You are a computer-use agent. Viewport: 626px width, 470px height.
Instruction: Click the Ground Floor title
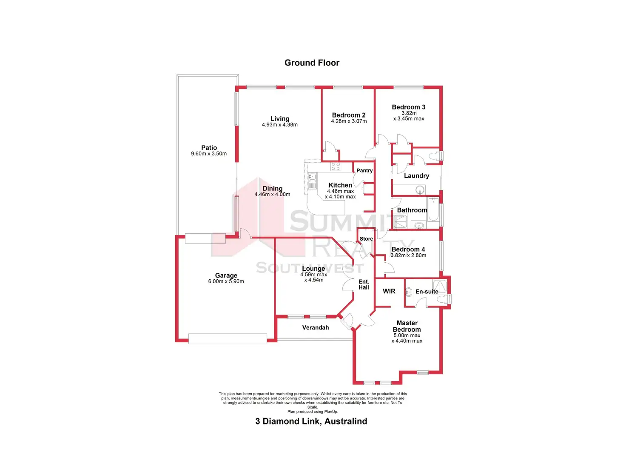tap(312, 63)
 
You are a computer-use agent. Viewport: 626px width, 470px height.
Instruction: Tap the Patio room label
tap(209, 148)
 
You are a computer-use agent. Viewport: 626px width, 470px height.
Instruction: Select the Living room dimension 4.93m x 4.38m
tap(279, 125)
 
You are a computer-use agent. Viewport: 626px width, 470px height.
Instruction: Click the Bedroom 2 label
tap(349, 115)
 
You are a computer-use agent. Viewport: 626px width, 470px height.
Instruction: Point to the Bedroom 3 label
tap(408, 107)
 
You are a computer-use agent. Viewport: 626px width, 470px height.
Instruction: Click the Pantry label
tap(364, 170)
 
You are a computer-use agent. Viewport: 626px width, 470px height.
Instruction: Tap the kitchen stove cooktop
tap(336, 166)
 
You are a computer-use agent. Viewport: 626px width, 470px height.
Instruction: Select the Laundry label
tap(416, 176)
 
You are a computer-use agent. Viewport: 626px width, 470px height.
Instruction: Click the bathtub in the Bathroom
tap(433, 209)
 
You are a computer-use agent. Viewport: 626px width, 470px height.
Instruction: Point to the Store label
tap(366, 239)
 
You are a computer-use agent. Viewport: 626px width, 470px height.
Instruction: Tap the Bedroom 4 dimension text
tap(408, 255)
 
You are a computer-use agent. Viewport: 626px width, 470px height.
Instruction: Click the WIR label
tap(389, 291)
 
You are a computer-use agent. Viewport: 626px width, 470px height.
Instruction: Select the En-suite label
tap(427, 292)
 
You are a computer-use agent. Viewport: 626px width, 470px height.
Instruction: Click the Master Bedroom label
tap(407, 326)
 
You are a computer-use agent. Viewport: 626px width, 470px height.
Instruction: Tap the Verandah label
tap(316, 327)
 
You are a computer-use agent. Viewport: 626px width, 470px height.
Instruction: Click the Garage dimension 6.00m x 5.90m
tap(226, 281)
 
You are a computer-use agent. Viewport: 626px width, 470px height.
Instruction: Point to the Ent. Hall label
tap(364, 284)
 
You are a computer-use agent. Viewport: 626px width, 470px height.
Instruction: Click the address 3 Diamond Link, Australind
tap(311, 421)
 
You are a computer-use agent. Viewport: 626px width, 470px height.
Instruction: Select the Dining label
tap(272, 188)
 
